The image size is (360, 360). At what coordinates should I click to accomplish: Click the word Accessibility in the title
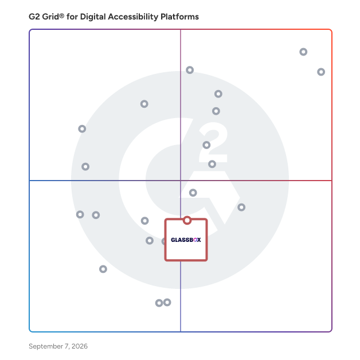pos(133,17)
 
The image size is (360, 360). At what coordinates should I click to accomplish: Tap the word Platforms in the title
pos(180,17)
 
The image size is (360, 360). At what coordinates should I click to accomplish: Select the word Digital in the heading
pos(93,17)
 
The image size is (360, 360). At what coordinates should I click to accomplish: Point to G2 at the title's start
pos(34,17)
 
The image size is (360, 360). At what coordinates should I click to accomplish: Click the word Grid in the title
pos(50,17)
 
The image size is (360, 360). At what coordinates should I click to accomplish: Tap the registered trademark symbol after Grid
pos(61,15)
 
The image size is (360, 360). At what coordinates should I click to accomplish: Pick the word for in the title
pos(72,17)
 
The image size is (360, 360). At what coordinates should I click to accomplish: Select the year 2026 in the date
pos(80,346)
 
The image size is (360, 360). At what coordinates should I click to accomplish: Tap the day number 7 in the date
pos(67,346)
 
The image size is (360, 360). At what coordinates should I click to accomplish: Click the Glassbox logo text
pos(186,240)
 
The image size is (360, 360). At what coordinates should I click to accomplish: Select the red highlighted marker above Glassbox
pos(187,220)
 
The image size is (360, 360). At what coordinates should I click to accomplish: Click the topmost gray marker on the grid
pos(303,52)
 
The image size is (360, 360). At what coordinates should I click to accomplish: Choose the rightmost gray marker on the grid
pos(321,72)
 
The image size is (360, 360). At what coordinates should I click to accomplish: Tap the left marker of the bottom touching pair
pos(159,303)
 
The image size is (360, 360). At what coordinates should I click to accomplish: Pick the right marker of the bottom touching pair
pos(167,302)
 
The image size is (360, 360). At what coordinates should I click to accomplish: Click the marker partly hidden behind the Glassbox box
pos(163,241)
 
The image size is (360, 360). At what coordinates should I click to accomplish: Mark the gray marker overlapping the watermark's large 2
pos(206,145)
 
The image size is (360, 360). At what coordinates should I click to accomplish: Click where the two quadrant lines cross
pos(181,181)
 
